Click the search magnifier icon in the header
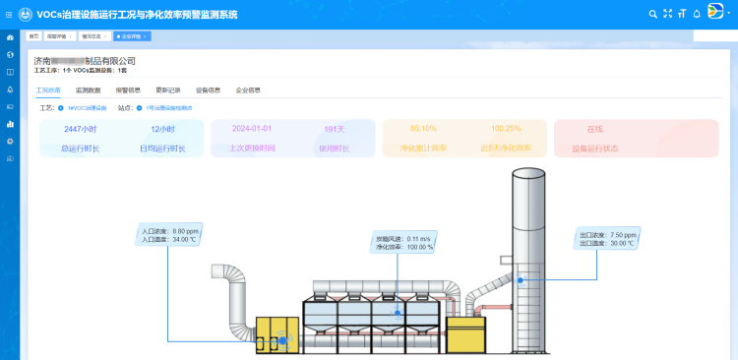(x=652, y=13)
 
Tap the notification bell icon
(x=696, y=13)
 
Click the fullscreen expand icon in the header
(x=667, y=13)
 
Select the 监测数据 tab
(x=89, y=90)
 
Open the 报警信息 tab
(x=129, y=90)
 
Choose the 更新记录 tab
(x=168, y=90)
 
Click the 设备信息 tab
(x=209, y=90)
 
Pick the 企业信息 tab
(x=248, y=90)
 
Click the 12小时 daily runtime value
(x=162, y=129)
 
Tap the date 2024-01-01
(x=252, y=129)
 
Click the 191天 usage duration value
(x=335, y=129)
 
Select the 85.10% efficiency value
(x=424, y=129)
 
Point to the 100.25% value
(x=505, y=129)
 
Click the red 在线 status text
(x=594, y=129)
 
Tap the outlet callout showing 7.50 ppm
(x=607, y=239)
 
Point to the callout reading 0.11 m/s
(x=404, y=243)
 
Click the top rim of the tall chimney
(x=527, y=171)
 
